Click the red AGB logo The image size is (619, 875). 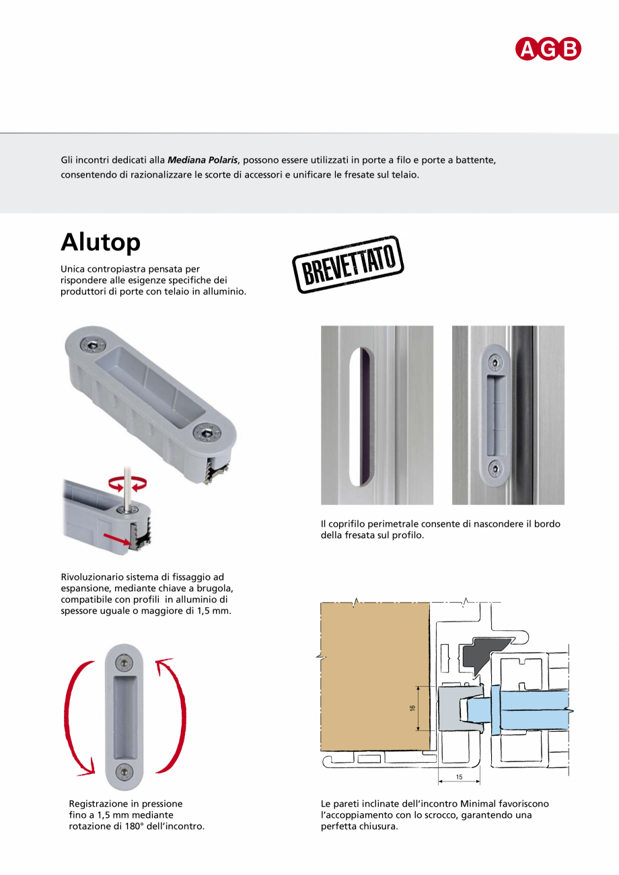click(x=548, y=49)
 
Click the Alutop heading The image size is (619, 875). click(x=100, y=242)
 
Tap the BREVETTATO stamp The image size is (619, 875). click(x=348, y=264)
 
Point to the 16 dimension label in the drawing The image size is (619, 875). click(x=412, y=708)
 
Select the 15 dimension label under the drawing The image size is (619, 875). click(x=459, y=777)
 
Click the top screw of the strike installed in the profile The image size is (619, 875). click(x=495, y=362)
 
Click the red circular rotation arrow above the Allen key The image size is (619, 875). click(x=128, y=483)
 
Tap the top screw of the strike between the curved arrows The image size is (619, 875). click(x=124, y=664)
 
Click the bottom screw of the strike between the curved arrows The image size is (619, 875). click(x=124, y=770)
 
